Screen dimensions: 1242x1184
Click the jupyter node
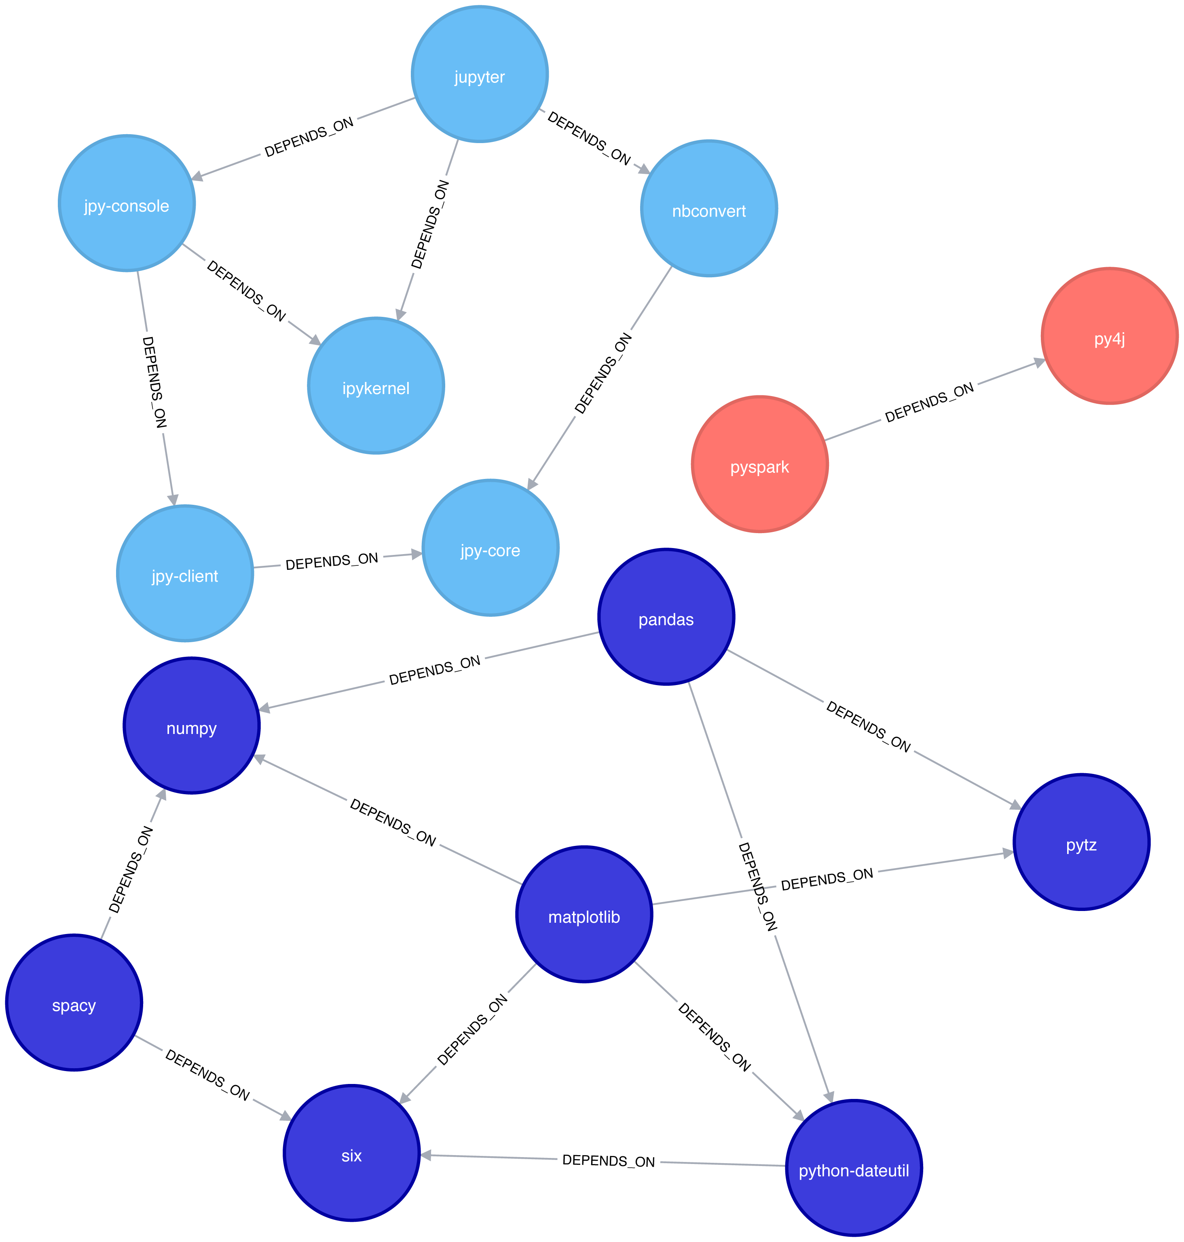tap(480, 74)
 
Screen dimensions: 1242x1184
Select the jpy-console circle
tap(127, 203)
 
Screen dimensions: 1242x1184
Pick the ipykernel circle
tap(376, 386)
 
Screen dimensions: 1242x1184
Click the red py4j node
tap(1110, 336)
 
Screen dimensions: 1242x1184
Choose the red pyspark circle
tap(760, 464)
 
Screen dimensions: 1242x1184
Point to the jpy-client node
tap(185, 574)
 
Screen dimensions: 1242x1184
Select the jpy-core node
tap(491, 548)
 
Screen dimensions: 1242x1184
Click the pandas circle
tap(666, 617)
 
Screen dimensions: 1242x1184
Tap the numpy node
tap(191, 725)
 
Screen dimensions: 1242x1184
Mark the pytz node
tap(1081, 842)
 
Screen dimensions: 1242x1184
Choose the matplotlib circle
tap(584, 915)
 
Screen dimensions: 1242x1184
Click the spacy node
tap(74, 1003)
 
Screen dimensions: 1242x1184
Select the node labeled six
tap(351, 1153)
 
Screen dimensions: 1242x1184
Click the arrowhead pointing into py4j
tap(1038, 363)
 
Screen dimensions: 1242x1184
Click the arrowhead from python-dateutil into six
tap(427, 1155)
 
